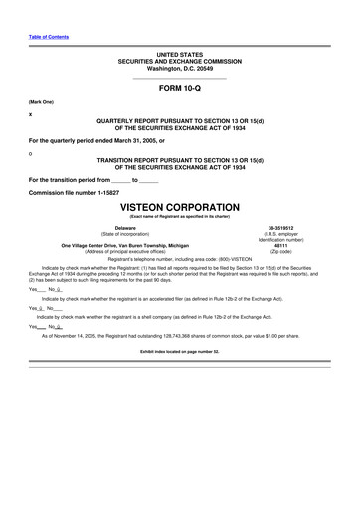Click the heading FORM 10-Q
tap(179, 89)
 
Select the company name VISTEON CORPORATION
tap(179, 210)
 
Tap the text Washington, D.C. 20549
tap(179, 68)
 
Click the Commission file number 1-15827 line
tap(79, 192)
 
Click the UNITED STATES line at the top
tap(179, 52)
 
